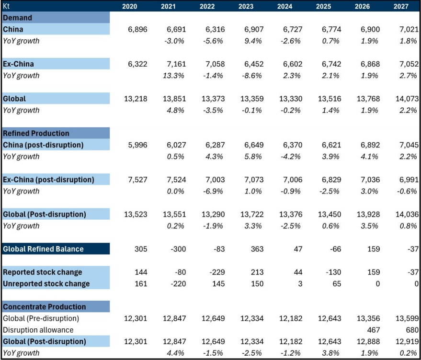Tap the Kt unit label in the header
tap(7, 6)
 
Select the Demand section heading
tap(18, 18)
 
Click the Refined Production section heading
tap(36, 133)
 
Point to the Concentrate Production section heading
tap(45, 307)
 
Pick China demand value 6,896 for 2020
tap(137, 29)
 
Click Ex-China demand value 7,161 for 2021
tap(175, 64)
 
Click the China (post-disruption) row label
tap(43, 145)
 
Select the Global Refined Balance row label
tap(43, 249)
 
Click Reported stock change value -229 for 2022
tap(216, 272)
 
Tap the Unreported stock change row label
tap(46, 283)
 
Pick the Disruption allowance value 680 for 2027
tap(410, 330)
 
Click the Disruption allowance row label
tap(38, 330)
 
